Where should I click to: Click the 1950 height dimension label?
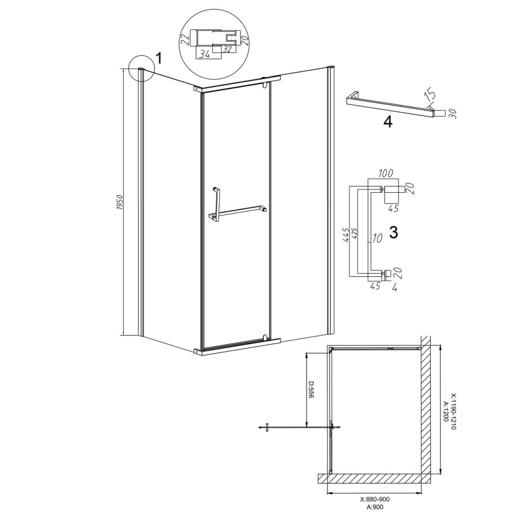pos(121,202)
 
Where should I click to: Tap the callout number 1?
pos(159,59)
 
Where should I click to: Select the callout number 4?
pos(388,122)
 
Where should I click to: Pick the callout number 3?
pos(394,232)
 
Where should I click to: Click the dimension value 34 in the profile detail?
pos(204,54)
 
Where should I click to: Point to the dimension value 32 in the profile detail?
pos(228,49)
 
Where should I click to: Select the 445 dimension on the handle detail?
pos(346,235)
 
